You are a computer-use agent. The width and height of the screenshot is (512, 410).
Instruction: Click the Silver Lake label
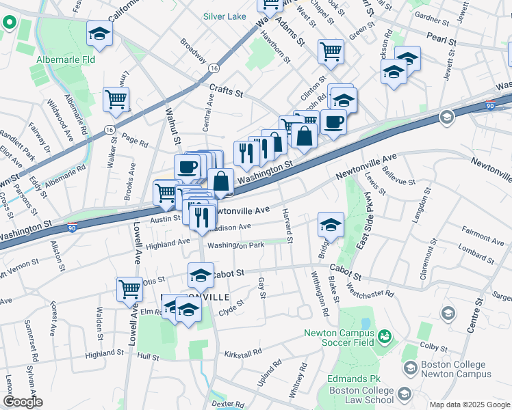(x=225, y=15)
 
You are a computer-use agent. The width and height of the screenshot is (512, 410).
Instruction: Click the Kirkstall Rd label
(x=243, y=353)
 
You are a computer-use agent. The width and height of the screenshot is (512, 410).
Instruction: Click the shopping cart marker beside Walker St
(x=116, y=98)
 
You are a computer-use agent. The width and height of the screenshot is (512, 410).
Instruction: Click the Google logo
(x=23, y=402)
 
